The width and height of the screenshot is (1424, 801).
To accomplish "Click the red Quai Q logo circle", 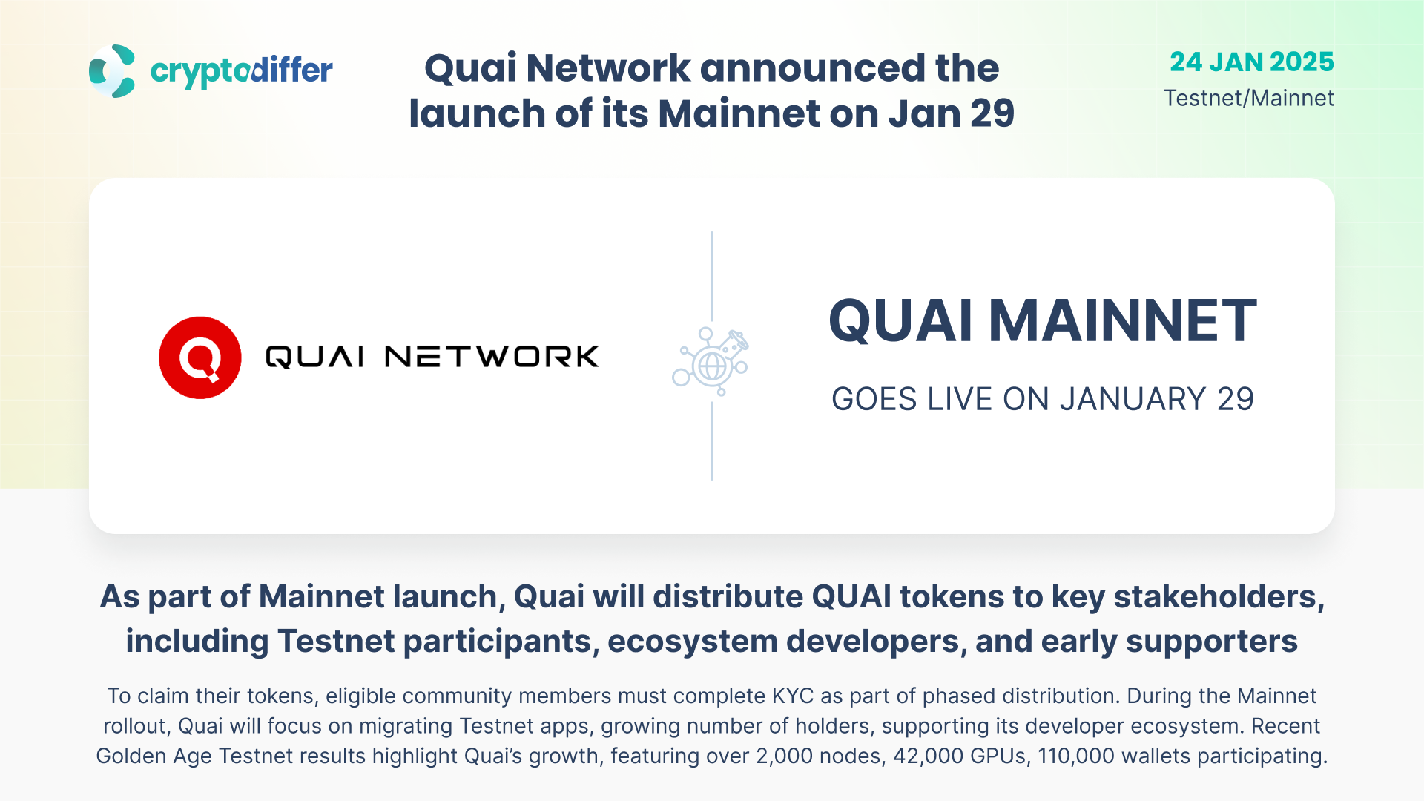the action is click(x=200, y=357).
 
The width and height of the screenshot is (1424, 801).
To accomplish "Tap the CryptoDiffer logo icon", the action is click(x=112, y=71).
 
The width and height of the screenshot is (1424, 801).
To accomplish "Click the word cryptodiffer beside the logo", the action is click(x=242, y=72).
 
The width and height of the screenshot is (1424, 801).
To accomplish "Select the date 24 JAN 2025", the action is click(x=1252, y=62).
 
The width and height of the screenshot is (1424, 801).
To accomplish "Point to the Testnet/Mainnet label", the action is click(x=1249, y=98).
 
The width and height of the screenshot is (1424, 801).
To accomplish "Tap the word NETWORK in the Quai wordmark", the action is click(x=492, y=357).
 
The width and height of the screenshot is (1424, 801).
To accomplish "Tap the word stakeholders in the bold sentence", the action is click(x=1219, y=597).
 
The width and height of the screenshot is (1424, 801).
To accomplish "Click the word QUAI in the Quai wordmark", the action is click(x=315, y=357).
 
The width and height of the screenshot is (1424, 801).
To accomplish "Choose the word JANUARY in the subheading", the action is click(x=1133, y=400).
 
